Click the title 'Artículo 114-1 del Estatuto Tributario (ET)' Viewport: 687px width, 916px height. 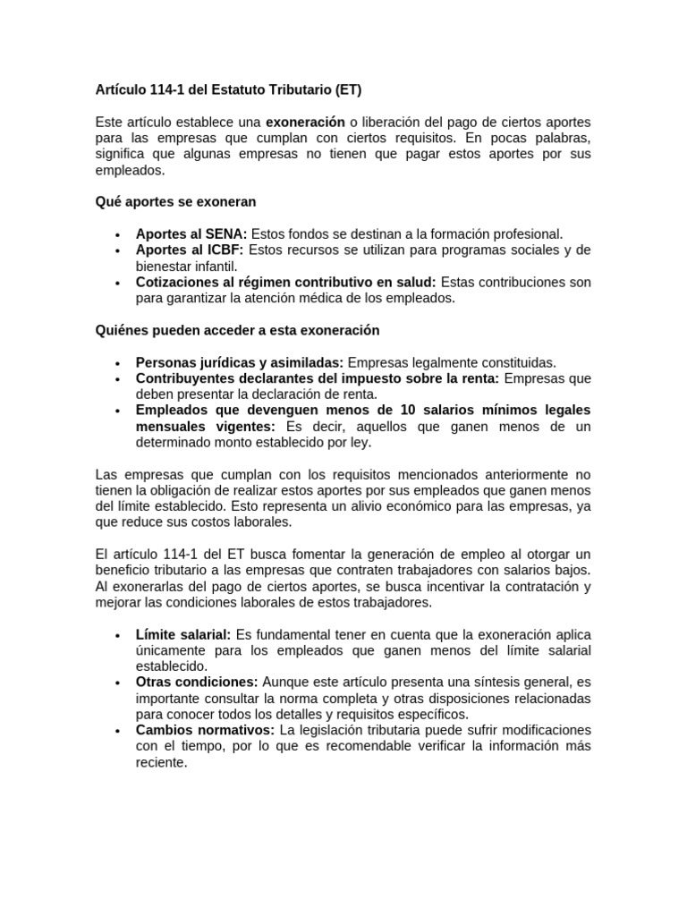coord(228,90)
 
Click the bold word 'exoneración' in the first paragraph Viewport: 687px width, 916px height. coord(305,122)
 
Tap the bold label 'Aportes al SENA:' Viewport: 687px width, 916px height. coord(191,234)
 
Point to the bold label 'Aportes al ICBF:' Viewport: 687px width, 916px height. coord(190,250)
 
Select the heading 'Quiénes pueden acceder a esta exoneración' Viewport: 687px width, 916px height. coord(237,330)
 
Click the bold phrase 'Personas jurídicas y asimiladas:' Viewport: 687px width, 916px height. coord(239,362)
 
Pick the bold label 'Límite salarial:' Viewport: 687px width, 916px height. coord(183,634)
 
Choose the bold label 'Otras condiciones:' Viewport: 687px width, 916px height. coord(197,682)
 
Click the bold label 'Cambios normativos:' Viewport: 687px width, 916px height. coord(205,730)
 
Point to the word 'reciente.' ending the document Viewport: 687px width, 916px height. coord(162,763)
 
